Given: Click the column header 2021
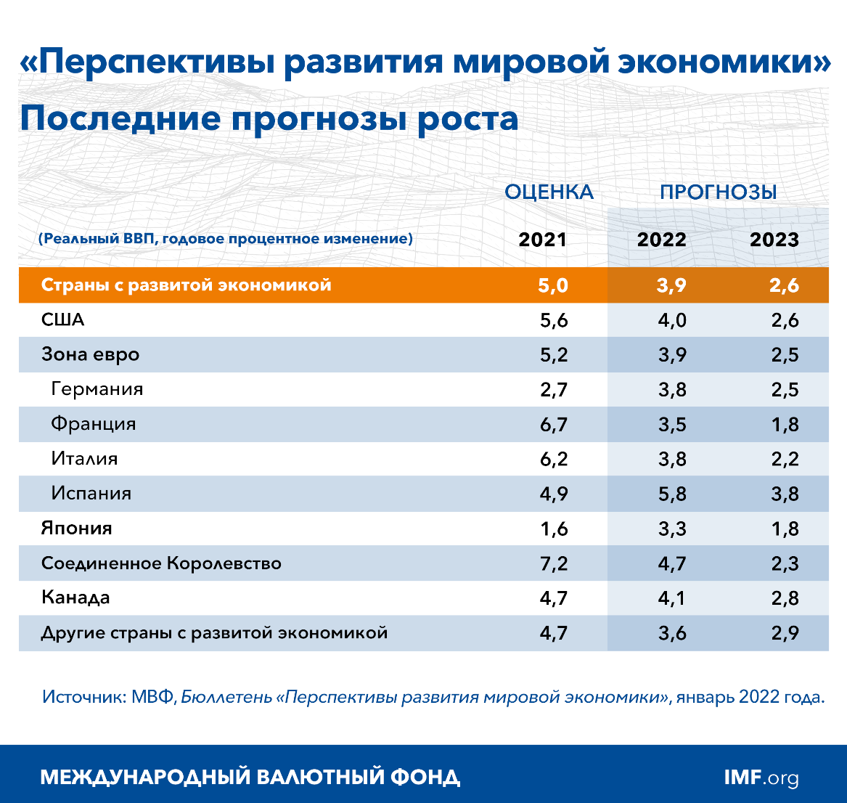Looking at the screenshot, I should point(542,240).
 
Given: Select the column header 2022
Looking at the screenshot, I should point(661,240).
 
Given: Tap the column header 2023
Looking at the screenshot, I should point(774,240).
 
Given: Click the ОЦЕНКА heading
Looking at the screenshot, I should point(549,192).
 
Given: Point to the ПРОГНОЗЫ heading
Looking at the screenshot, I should point(718,192).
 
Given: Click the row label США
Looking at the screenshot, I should point(63,320).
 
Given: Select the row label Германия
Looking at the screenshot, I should point(97,389).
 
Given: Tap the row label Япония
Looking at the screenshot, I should point(77,529).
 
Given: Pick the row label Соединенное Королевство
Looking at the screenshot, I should point(161,563).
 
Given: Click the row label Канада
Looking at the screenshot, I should point(76,598).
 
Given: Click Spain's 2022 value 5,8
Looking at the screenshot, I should point(671,494).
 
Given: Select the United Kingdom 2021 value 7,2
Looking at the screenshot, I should point(553,564).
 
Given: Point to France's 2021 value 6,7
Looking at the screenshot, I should point(553,425).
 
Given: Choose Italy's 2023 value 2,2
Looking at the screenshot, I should point(785,460).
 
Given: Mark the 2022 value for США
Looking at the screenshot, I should point(671,320).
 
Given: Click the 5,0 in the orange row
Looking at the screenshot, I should point(552,285).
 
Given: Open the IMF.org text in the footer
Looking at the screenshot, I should point(761,778).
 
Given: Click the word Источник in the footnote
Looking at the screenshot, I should point(83,698).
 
